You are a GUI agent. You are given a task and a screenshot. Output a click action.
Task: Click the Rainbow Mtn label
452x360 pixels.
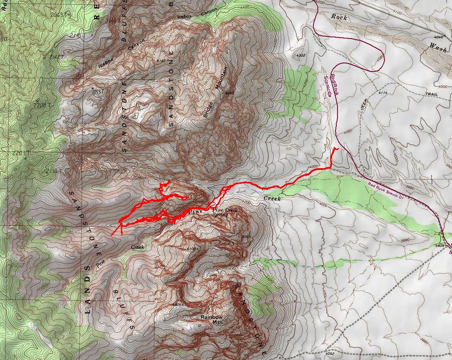212,319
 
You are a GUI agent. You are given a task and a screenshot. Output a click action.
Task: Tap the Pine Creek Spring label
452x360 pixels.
225,212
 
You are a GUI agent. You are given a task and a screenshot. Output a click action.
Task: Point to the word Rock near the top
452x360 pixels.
340,17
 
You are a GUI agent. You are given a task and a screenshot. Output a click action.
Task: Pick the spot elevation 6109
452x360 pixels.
190,249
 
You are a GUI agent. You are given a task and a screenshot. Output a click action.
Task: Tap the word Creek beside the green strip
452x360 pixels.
272,198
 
